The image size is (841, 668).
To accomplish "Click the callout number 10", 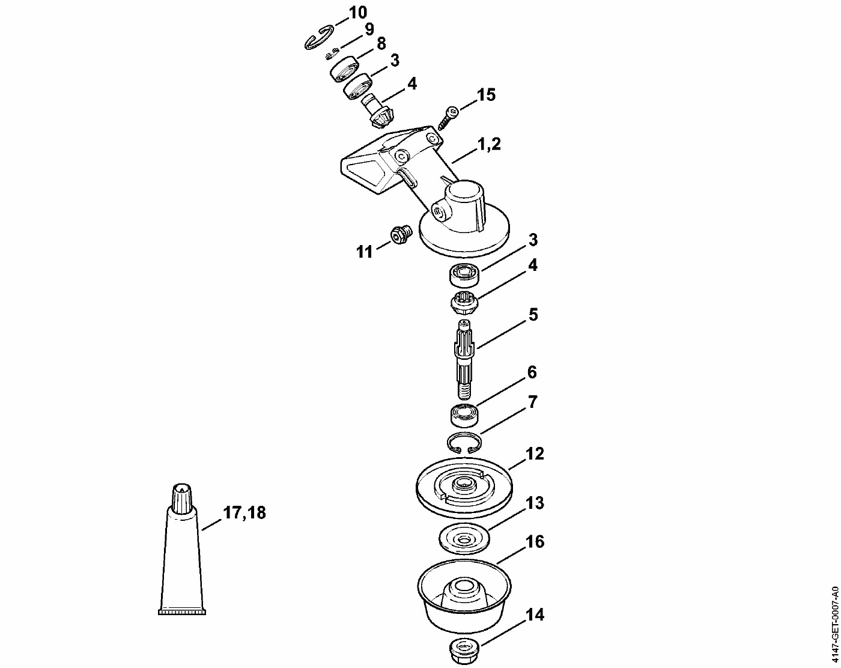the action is click(x=357, y=13).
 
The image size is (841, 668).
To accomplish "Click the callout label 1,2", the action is click(x=489, y=144).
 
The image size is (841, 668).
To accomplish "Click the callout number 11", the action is click(x=365, y=252).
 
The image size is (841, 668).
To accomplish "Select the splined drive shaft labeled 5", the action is click(x=464, y=359).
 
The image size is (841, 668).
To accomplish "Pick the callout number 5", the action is click(x=533, y=315).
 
